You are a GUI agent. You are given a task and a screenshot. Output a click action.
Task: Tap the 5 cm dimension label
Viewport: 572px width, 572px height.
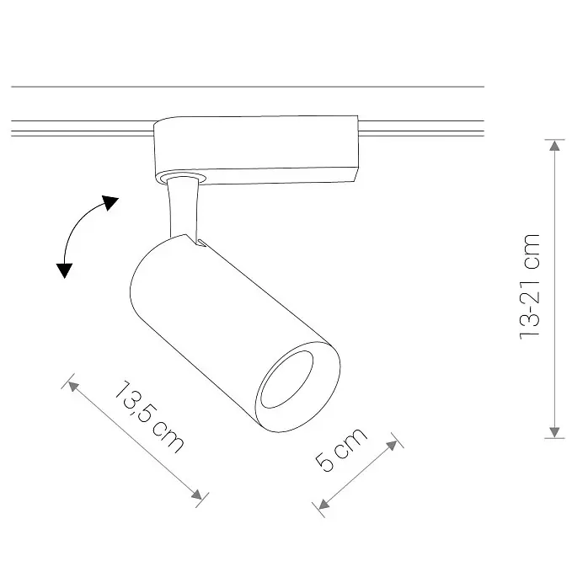pyautogui.click(x=341, y=449)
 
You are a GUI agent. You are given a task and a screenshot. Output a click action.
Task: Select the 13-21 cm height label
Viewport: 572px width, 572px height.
pyautogui.click(x=529, y=286)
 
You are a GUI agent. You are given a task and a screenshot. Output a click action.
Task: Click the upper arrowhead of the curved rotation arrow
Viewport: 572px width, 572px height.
pyautogui.click(x=110, y=202)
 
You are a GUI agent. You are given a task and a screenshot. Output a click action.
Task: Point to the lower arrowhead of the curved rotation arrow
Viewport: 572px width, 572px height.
pyautogui.click(x=65, y=270)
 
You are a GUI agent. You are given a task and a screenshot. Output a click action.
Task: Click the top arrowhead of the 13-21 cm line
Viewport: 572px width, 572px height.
pyautogui.click(x=554, y=146)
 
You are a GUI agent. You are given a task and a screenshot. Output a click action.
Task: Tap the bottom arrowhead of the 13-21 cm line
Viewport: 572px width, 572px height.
pyautogui.click(x=554, y=432)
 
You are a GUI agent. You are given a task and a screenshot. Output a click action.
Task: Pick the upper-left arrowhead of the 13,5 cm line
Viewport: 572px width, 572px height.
pyautogui.click(x=73, y=387)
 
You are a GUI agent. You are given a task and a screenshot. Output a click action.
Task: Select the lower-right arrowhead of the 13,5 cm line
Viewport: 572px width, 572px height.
pyautogui.click(x=196, y=494)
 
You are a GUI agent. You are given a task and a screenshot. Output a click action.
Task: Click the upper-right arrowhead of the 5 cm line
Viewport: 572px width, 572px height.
pyautogui.click(x=392, y=446)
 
